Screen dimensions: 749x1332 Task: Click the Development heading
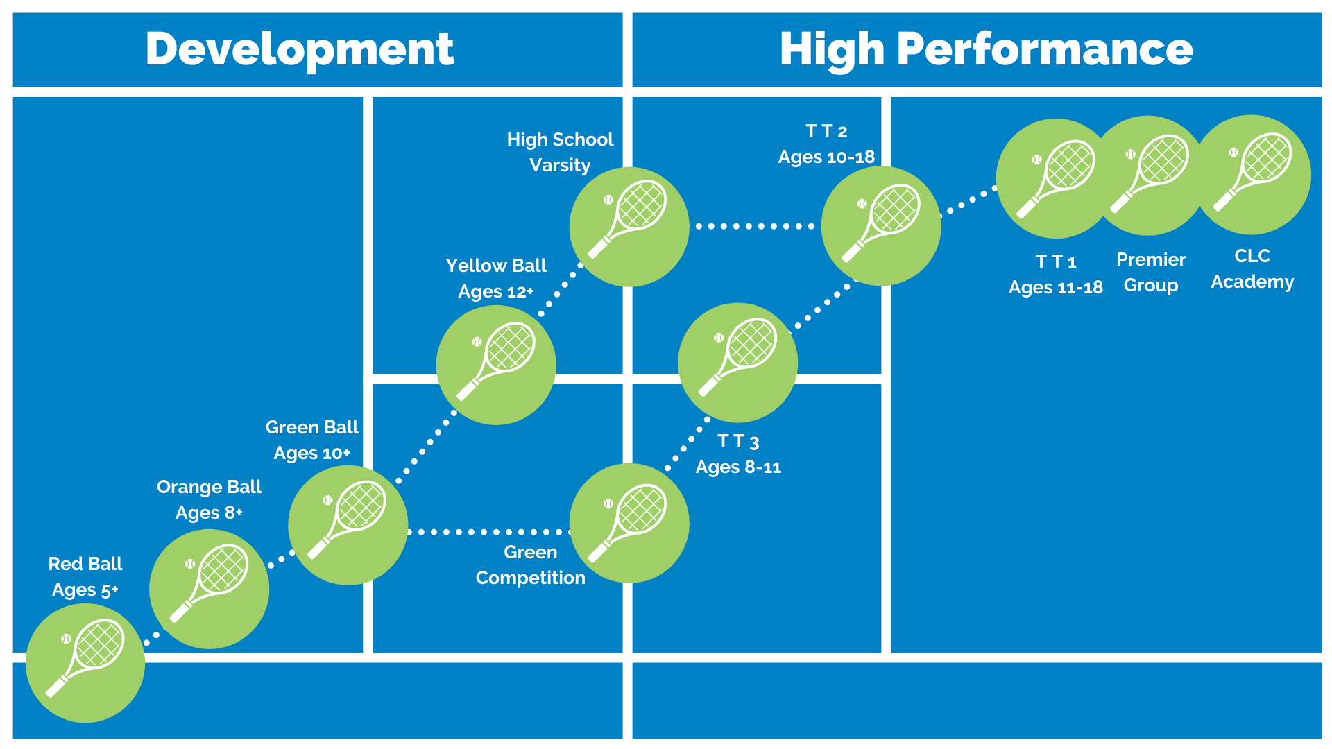click(300, 50)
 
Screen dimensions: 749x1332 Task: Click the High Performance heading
click(986, 50)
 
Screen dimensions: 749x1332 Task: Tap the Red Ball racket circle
click(85, 662)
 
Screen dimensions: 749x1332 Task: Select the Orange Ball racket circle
click(209, 589)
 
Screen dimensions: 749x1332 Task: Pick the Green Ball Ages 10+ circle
click(348, 525)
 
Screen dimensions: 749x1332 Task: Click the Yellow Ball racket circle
click(496, 365)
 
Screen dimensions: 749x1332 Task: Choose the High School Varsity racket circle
click(629, 227)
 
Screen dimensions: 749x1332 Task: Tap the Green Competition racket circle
click(629, 523)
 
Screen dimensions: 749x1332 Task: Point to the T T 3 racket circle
click(737, 363)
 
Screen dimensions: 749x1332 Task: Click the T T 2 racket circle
click(881, 225)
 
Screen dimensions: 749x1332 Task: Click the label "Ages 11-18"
click(1055, 287)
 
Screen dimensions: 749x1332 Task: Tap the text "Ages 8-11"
click(738, 467)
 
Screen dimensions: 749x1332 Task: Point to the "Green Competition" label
click(531, 565)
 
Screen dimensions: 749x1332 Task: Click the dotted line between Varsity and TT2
click(756, 226)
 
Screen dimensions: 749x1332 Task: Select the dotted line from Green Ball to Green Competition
click(489, 532)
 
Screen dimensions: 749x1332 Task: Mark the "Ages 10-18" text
click(826, 157)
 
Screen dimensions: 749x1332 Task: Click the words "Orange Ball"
click(209, 487)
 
